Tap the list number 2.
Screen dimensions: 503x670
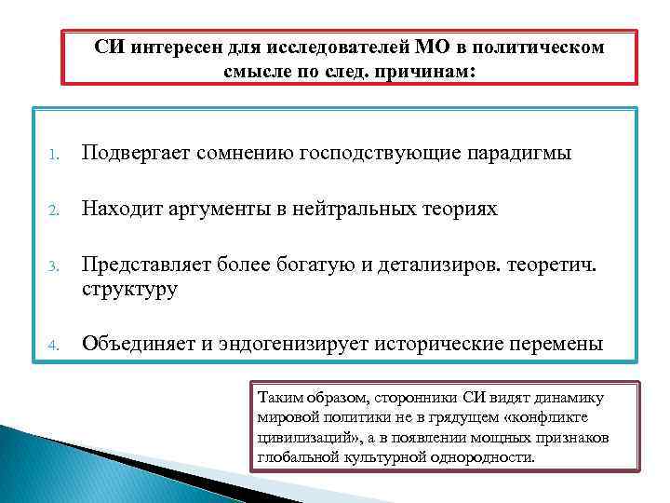[55, 211]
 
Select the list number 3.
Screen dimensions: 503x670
[55, 268]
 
